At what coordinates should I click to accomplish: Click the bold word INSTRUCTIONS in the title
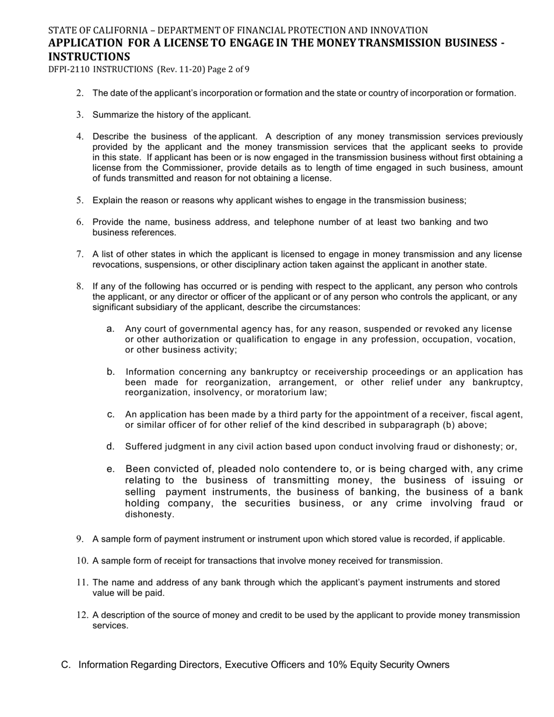coord(89,57)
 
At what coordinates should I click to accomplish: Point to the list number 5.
coord(80,201)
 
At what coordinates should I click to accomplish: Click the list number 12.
coord(82,615)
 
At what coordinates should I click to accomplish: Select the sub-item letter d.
coord(110,447)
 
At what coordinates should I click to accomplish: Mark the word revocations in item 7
coord(116,265)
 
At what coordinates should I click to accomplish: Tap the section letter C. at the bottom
coord(66,665)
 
